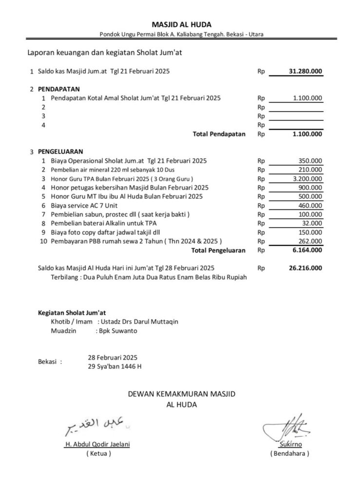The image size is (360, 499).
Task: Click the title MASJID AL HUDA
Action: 181,24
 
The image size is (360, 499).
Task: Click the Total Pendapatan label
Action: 219,134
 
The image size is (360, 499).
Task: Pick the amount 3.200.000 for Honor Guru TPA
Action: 307,179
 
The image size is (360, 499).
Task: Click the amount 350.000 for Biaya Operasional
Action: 310,160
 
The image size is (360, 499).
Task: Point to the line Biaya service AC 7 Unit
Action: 80,206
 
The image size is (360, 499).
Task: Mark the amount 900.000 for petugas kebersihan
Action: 310,188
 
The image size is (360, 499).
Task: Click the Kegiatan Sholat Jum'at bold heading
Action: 72,312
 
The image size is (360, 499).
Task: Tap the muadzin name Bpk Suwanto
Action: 117,331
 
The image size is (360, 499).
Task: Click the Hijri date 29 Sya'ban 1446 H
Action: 115,366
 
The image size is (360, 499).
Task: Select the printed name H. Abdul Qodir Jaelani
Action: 97,444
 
